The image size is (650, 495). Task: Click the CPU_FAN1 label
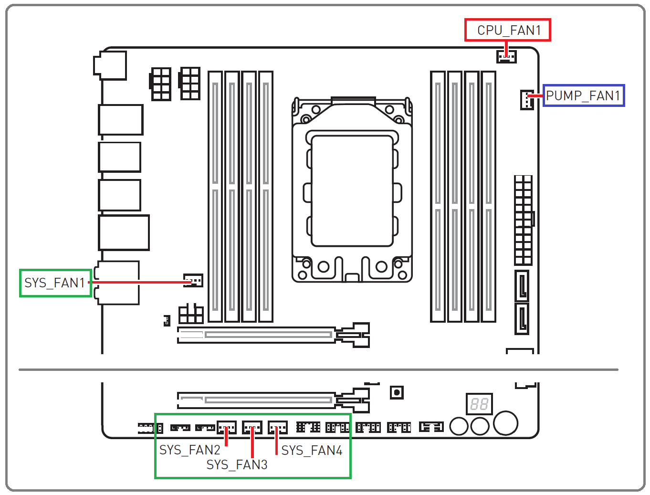click(x=509, y=30)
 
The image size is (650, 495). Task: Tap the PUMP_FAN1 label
click(x=583, y=95)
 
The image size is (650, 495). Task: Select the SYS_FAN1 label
click(x=55, y=283)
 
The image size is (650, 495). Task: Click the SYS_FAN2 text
click(x=190, y=450)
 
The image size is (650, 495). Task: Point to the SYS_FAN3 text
click(x=237, y=464)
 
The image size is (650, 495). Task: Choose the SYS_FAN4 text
click(x=312, y=450)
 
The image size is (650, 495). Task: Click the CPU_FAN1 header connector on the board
click(x=506, y=56)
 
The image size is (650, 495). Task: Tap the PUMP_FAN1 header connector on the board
click(x=527, y=100)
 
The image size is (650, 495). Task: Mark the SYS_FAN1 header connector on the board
click(x=193, y=280)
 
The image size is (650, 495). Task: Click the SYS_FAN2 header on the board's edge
click(x=227, y=428)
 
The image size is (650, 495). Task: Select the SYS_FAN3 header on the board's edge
click(x=252, y=428)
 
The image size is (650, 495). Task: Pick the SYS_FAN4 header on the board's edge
click(x=277, y=428)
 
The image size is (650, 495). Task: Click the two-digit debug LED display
click(x=479, y=404)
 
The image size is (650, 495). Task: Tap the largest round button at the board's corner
click(x=505, y=423)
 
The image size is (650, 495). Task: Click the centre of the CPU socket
click(x=352, y=191)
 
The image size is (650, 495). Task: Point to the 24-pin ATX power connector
click(x=524, y=220)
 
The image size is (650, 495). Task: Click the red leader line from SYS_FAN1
click(x=140, y=283)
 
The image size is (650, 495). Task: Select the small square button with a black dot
click(x=397, y=392)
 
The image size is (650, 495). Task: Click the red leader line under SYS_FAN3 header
click(x=252, y=442)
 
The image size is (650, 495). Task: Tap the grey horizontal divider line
click(x=318, y=370)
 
